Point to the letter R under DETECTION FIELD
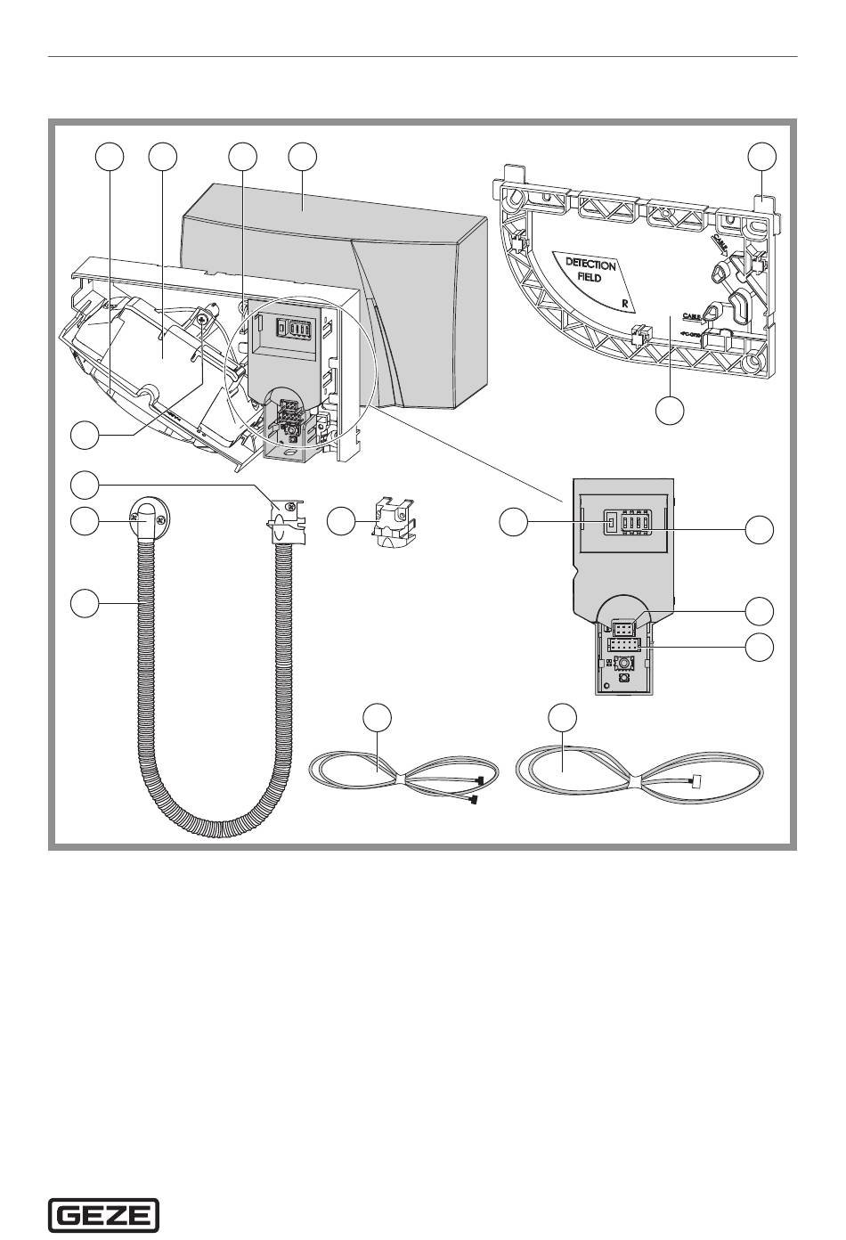627,303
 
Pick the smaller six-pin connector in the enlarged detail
622,626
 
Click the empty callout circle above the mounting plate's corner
761,156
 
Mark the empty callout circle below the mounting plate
671,411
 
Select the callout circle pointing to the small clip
341,522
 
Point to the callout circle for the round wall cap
85,522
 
